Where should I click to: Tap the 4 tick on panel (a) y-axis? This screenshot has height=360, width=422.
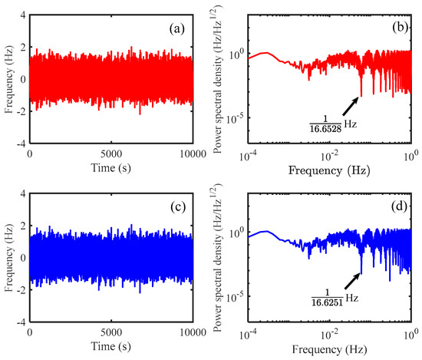click(x=22, y=15)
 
